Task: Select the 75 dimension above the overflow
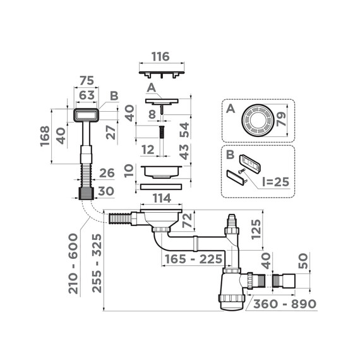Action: (87, 81)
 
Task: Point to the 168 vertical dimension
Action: (44, 136)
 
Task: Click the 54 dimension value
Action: (184, 129)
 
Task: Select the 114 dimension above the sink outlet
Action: (162, 198)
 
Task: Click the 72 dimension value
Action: (186, 221)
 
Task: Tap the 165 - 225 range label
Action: (193, 259)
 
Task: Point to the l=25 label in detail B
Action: (274, 181)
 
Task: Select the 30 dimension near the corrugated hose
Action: (105, 191)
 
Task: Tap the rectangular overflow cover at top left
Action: (86, 116)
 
